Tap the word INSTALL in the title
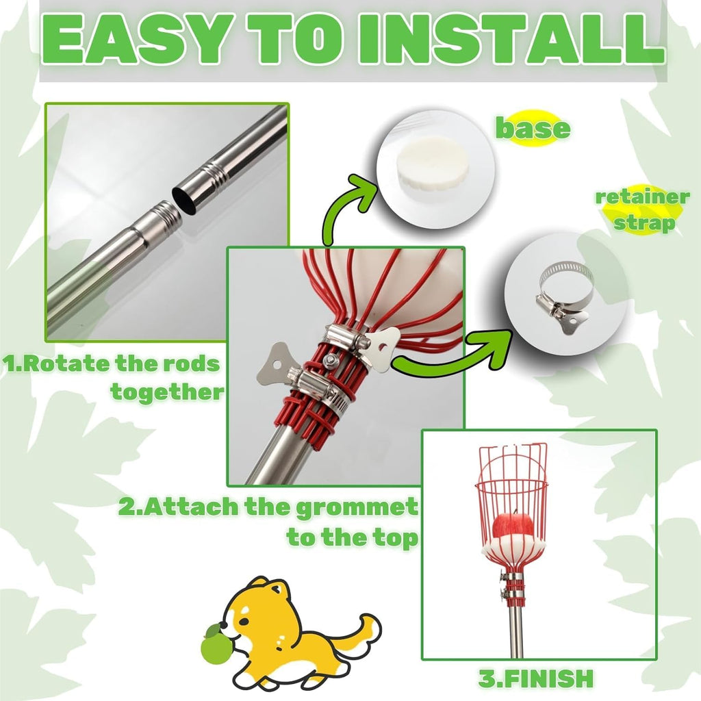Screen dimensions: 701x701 (515, 40)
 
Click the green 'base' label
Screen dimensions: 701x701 (533, 129)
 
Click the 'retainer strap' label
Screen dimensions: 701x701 (642, 209)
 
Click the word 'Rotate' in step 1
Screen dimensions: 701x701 (66, 364)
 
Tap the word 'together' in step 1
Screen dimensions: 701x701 (167, 392)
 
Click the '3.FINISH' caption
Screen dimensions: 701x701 (536, 678)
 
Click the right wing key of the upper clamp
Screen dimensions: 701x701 (382, 344)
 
